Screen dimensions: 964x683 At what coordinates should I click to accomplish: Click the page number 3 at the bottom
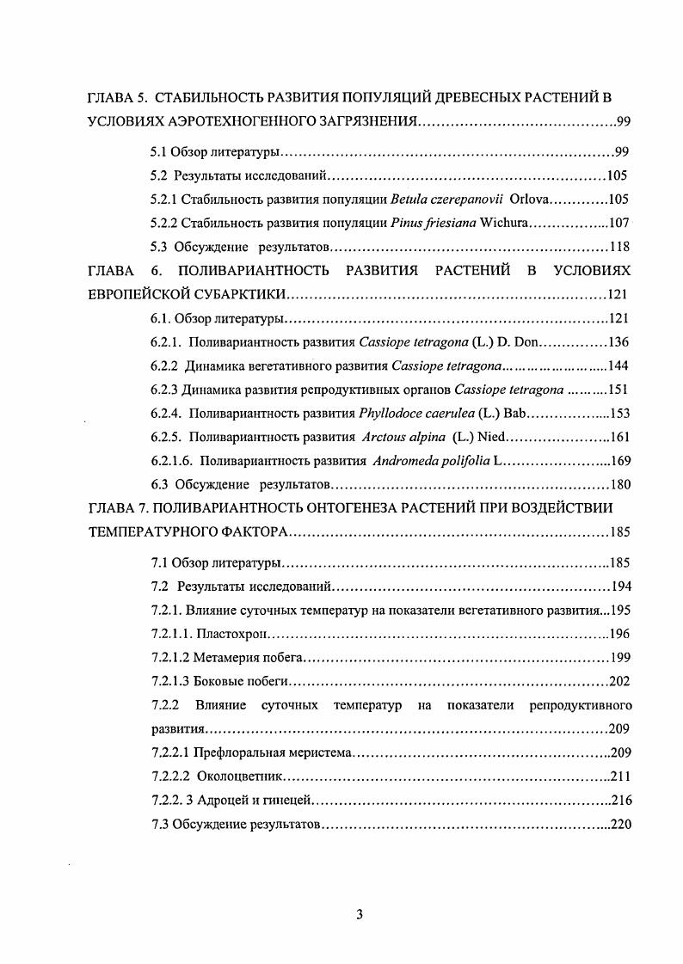click(360, 914)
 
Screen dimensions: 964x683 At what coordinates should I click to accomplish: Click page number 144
click(619, 365)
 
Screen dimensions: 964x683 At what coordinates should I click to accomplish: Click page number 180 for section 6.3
click(620, 484)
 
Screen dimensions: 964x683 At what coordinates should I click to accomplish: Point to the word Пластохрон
click(233, 635)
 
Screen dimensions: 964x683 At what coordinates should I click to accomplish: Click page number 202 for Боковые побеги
click(618, 682)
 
